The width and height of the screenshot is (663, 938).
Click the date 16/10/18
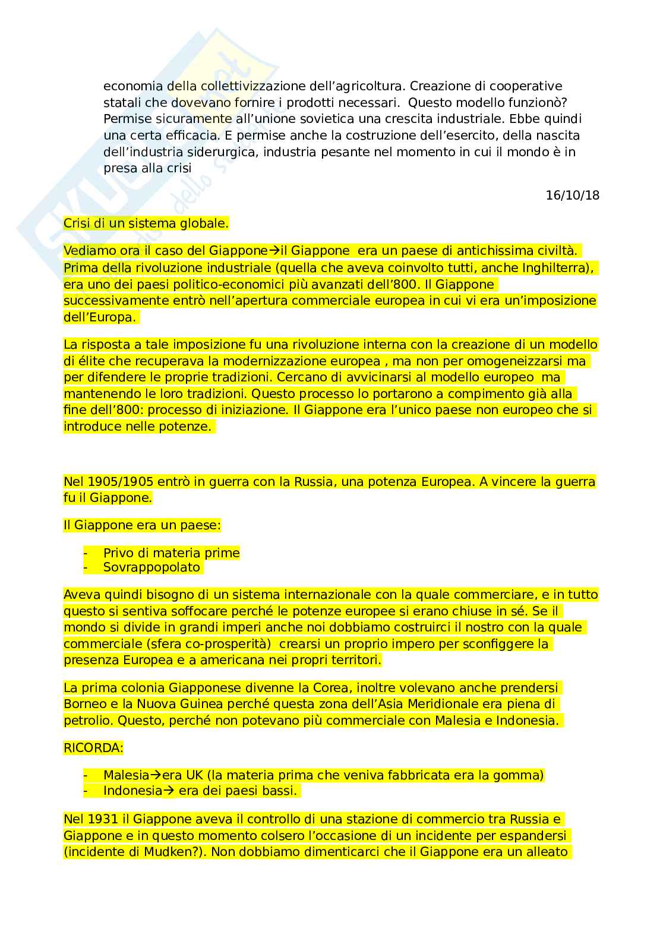572,195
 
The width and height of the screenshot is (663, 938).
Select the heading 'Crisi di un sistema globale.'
146,223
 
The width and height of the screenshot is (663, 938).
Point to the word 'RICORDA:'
93,748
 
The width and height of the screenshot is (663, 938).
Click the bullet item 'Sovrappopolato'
151,567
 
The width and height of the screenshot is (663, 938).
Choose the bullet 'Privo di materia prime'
171,553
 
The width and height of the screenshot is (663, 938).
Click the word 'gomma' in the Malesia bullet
520,775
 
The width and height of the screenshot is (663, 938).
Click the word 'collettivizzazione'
231,86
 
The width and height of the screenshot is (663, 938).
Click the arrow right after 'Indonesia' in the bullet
168,791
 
